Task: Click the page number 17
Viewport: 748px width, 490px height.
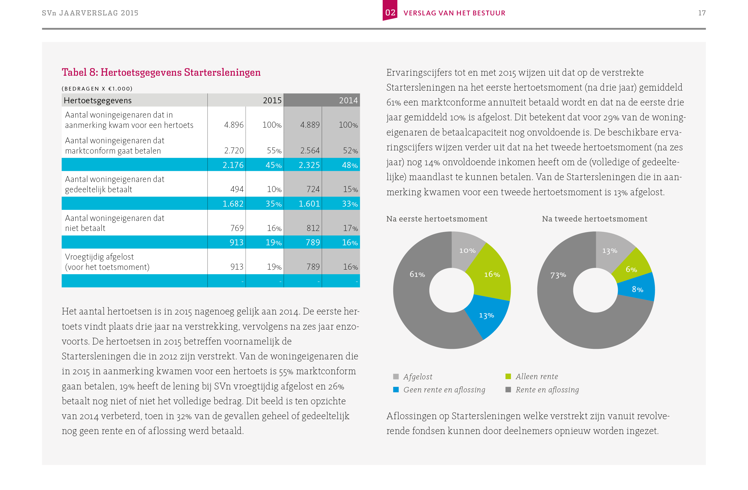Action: click(x=701, y=13)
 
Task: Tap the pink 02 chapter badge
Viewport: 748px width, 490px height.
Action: click(x=390, y=12)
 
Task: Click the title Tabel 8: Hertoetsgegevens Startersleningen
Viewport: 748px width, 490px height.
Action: click(x=161, y=72)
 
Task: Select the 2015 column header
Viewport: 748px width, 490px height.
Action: click(x=272, y=100)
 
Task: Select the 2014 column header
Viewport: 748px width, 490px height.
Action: click(x=348, y=100)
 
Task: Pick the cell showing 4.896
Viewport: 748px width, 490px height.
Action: click(x=233, y=125)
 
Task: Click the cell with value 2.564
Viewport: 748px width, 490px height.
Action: click(x=310, y=151)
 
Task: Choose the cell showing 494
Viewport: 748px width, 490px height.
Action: click(x=237, y=189)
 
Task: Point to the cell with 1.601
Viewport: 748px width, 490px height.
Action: click(x=309, y=204)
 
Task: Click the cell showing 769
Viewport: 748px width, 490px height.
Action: click(x=237, y=228)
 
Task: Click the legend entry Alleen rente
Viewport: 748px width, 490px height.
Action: click(x=536, y=376)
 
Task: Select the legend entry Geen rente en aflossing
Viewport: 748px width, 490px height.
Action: click(x=444, y=390)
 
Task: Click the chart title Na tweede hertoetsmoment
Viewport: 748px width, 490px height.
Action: click(x=594, y=219)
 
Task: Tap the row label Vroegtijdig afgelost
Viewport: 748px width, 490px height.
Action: click(x=99, y=257)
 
